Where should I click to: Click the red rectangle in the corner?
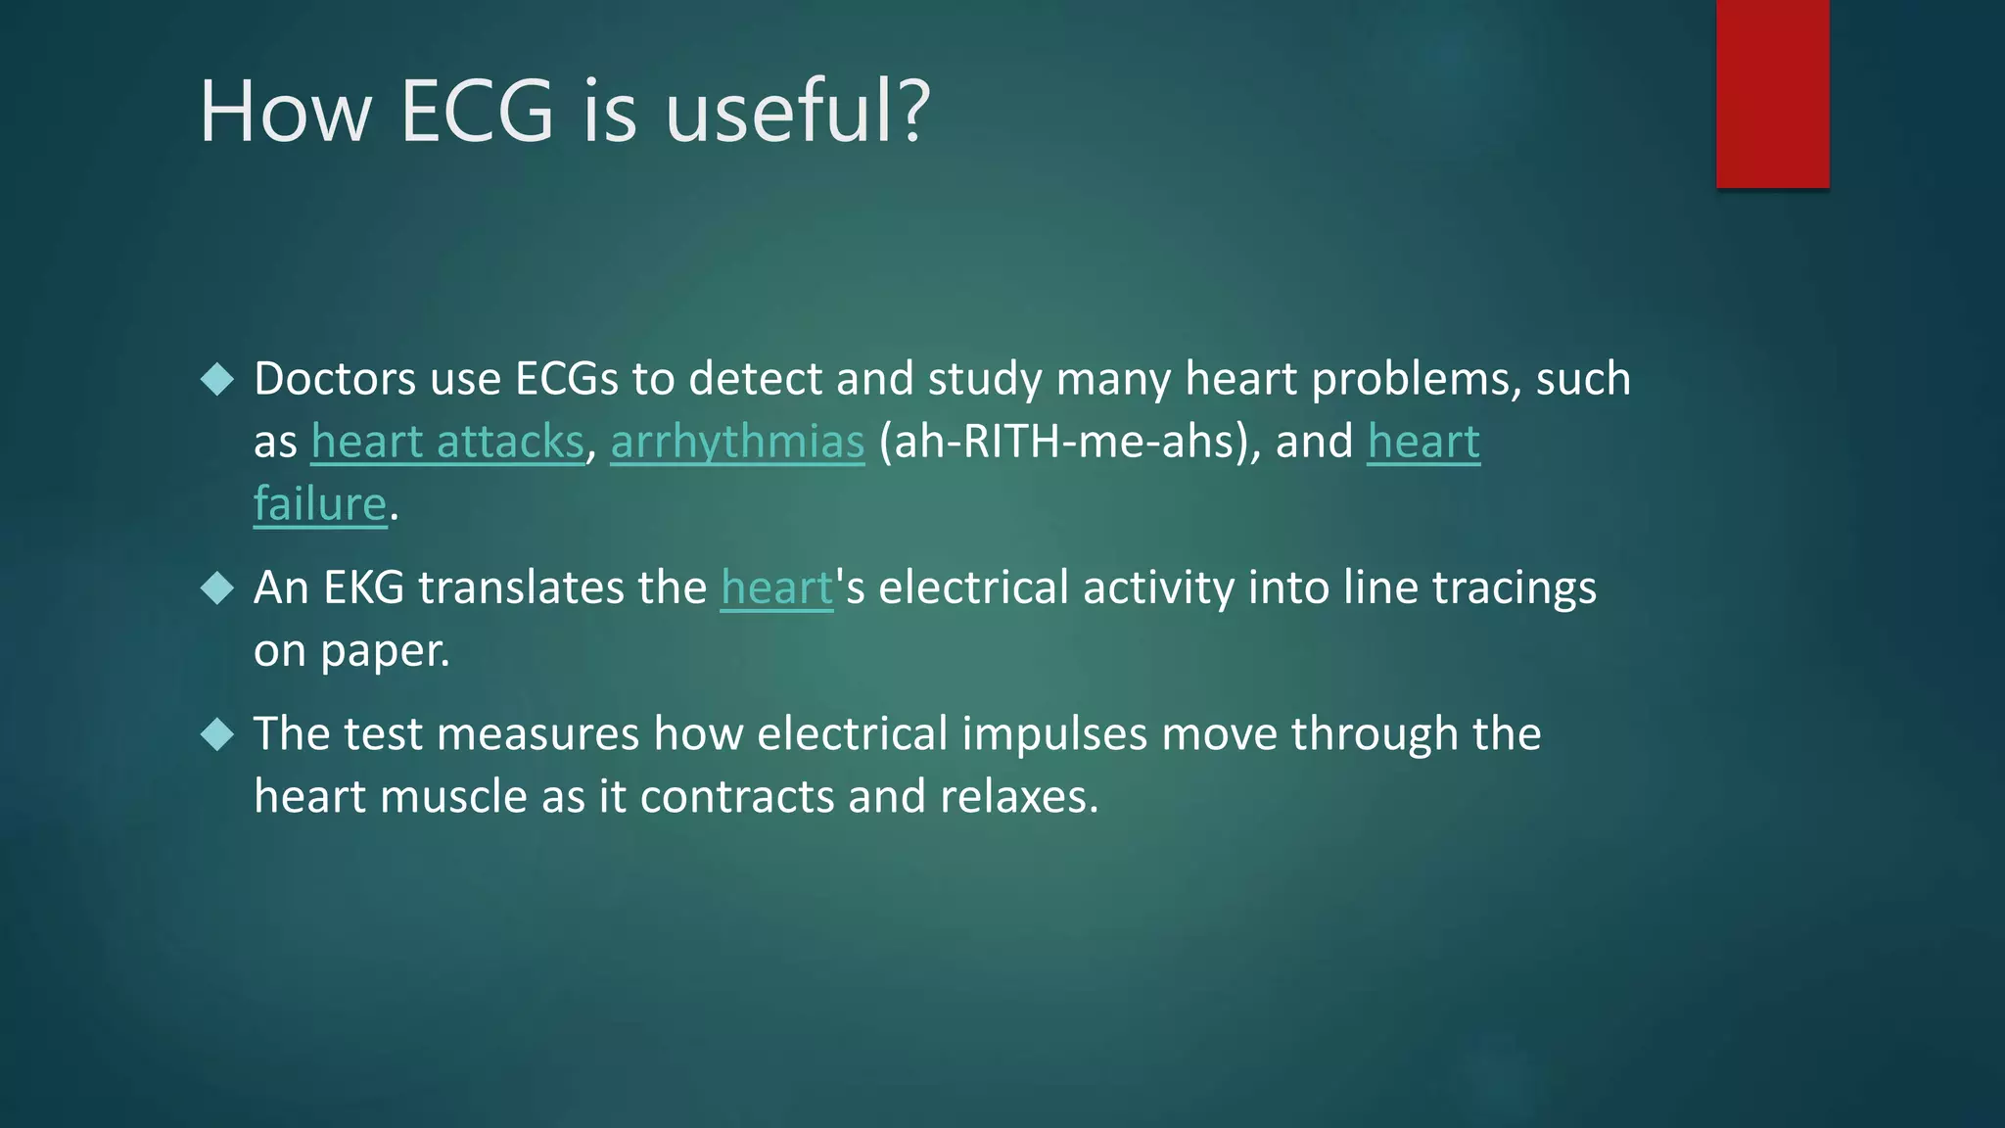point(1772,93)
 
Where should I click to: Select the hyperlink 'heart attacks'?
point(447,442)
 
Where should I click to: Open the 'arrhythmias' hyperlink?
point(737,442)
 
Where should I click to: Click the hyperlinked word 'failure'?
point(320,504)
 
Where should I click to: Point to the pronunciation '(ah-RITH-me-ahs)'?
point(1070,442)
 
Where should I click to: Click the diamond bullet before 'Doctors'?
point(217,379)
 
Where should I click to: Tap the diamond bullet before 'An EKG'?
point(217,588)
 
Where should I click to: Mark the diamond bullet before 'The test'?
point(217,734)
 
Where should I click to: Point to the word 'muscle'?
point(453,797)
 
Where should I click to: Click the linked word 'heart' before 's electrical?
point(776,588)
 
